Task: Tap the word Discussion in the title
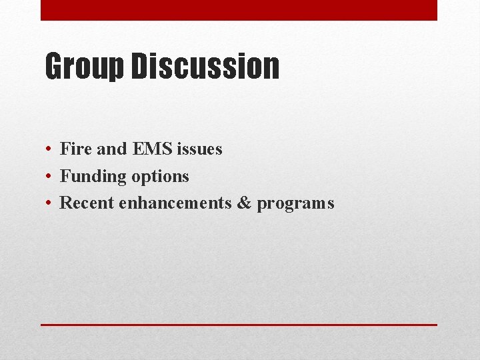[x=205, y=67]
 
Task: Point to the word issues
[x=199, y=149]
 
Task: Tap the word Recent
[x=87, y=203]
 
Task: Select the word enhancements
[x=175, y=203]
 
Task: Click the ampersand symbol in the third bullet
[x=245, y=203]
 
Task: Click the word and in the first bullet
[x=111, y=149]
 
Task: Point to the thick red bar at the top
[x=239, y=10]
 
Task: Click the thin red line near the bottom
[x=239, y=325]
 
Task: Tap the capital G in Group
[x=55, y=67]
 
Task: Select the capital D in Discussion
[x=141, y=67]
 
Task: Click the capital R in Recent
[x=66, y=203]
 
